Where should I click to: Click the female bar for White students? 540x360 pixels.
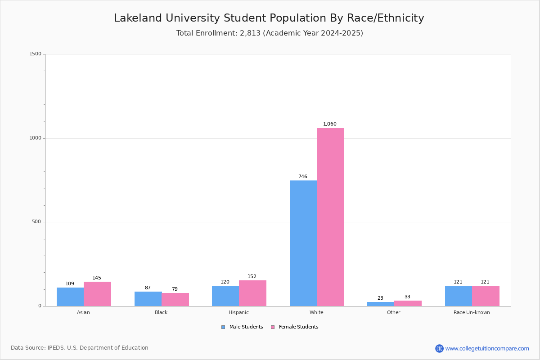pos(330,217)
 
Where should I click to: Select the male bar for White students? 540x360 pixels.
pos(303,243)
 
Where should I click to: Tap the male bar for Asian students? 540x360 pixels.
pos(70,297)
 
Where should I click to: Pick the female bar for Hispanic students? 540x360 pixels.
pos(252,293)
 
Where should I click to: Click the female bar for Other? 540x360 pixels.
pos(408,303)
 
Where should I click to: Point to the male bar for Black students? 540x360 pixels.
pos(148,299)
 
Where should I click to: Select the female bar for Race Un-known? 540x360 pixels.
pos(486,296)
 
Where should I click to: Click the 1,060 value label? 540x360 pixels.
pos(330,124)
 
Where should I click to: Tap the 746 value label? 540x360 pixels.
pos(303,177)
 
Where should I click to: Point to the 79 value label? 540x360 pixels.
pos(175,289)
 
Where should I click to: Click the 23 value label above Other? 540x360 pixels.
pos(380,298)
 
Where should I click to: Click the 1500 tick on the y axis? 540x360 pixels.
pos(35,54)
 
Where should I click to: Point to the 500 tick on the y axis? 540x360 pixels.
pos(36,222)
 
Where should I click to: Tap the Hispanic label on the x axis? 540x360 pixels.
pos(238,312)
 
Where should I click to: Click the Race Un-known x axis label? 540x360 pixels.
pos(472,312)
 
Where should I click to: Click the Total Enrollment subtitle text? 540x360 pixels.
pos(270,33)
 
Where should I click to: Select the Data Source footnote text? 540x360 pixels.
pos(80,348)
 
